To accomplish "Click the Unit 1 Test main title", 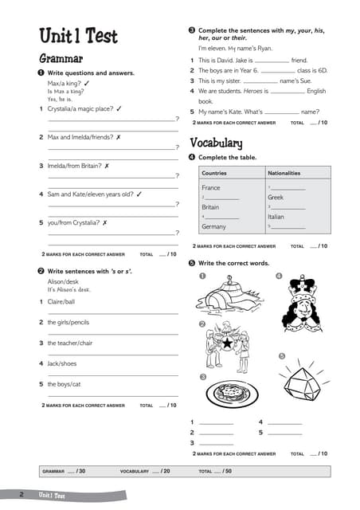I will click(78, 36).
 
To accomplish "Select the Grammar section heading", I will click(61, 58).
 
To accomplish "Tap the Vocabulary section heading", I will click(216, 143).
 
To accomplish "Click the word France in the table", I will click(211, 188).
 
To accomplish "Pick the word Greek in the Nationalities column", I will click(276, 197).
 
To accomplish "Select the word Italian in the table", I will click(276, 217).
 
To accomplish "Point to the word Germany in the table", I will click(213, 226).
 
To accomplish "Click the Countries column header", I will click(214, 173).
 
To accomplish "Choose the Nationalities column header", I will click(284, 173).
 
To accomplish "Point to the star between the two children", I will click(227, 343).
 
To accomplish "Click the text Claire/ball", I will click(61, 302).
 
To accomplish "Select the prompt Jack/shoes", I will click(62, 363).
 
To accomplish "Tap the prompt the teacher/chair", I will click(70, 343).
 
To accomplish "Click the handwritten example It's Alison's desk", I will click(68, 289).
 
